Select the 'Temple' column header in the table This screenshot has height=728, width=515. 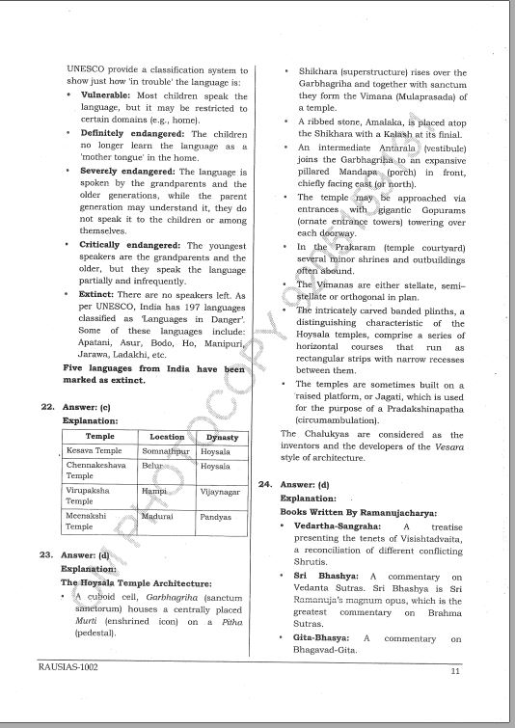coord(99,436)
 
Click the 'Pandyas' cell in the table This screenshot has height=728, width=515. coord(216,517)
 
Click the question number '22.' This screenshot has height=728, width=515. coord(45,407)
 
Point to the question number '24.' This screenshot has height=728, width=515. coord(265,483)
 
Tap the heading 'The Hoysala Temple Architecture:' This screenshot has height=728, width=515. coord(135,582)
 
